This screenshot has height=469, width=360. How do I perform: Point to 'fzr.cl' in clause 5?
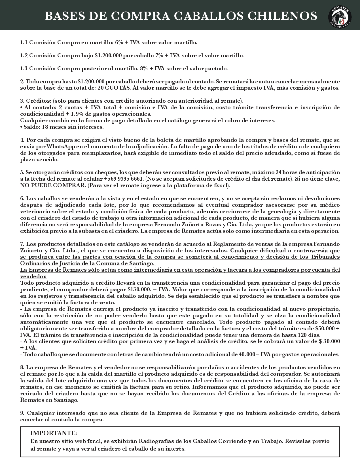click(221, 186)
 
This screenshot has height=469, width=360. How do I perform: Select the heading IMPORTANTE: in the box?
click(54, 434)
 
